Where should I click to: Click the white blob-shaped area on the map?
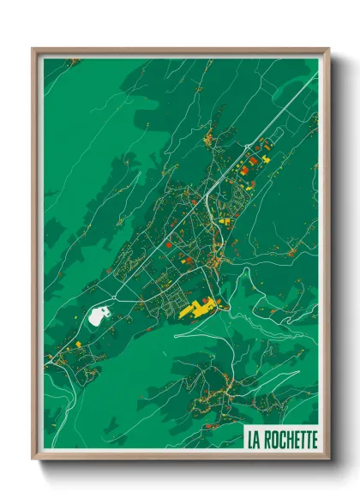[x=99, y=315]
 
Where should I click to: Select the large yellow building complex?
[x=198, y=306]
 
